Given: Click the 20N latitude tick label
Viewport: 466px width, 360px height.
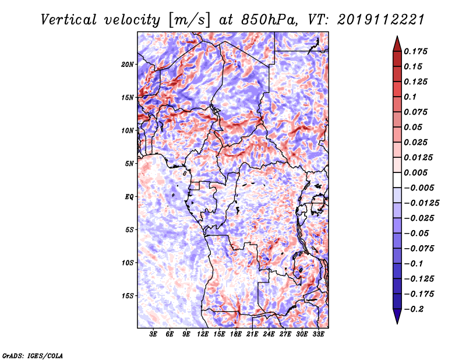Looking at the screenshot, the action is point(128,65).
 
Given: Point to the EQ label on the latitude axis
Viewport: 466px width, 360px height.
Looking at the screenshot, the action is point(129,197).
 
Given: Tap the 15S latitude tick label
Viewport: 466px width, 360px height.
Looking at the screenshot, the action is point(128,296).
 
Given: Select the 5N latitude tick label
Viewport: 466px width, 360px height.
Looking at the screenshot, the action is point(129,164).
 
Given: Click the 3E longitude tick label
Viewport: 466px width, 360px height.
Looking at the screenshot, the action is point(153,334).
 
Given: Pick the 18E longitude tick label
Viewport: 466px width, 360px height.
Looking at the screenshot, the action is point(236,334).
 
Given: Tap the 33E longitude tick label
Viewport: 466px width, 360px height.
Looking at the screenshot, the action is point(318,334).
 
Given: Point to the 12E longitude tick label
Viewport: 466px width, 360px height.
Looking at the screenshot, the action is point(203,334).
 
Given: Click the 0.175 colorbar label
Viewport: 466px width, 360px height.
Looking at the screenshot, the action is point(415,51).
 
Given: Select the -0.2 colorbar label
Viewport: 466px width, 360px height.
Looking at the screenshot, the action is point(414,309).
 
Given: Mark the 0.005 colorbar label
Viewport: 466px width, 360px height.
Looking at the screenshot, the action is point(415,172).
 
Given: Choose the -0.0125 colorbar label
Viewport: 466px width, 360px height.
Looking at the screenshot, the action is point(421,203).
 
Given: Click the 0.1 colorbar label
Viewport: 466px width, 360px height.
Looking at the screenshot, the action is point(410,97).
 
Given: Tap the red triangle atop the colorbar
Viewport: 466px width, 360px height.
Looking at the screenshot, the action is point(397,44).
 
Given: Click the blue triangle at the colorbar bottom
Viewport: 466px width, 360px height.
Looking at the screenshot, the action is point(397,316).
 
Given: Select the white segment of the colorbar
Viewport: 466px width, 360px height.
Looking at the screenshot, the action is point(397,180).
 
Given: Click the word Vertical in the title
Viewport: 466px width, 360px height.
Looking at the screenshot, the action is point(69,20).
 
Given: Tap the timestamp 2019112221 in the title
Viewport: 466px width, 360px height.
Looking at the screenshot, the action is point(381,20).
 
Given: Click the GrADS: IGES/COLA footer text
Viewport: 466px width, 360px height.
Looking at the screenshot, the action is point(33,355).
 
